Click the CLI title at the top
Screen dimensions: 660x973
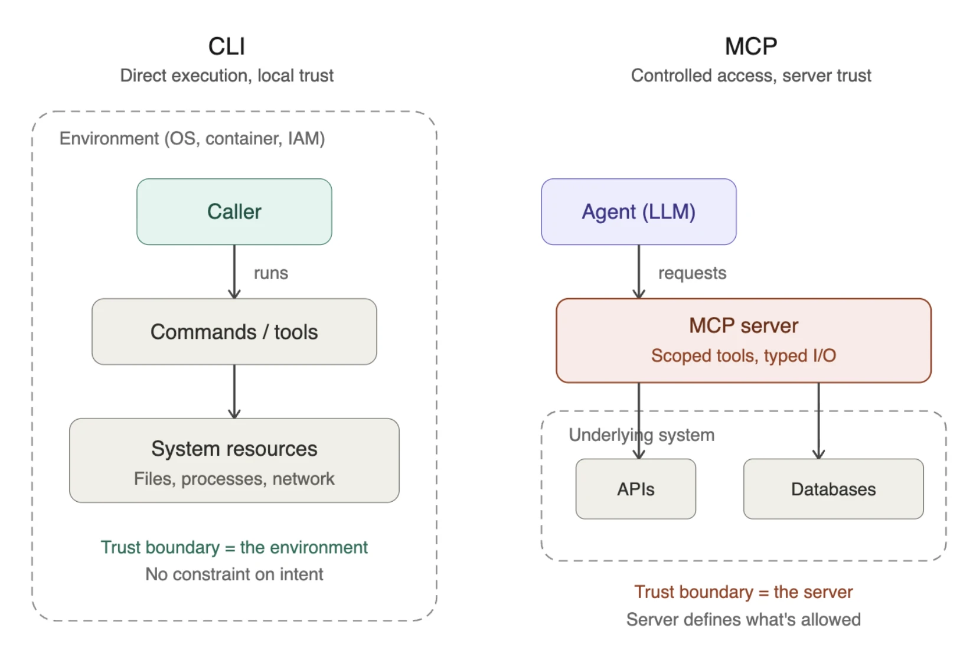(x=227, y=47)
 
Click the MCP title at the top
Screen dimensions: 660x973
(x=750, y=47)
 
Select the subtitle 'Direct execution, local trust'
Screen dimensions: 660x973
(x=227, y=76)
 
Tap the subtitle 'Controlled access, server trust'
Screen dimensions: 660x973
(x=750, y=76)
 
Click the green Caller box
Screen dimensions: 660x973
(x=234, y=212)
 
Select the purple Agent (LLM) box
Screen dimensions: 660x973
(x=638, y=212)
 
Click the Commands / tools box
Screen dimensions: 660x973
(x=234, y=332)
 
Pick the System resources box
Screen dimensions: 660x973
(x=234, y=461)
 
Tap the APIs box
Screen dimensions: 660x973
(x=635, y=489)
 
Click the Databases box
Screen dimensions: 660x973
(x=833, y=489)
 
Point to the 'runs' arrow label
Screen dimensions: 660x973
(x=270, y=273)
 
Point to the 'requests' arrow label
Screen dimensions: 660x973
(x=692, y=273)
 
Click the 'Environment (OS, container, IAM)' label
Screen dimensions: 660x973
(x=192, y=139)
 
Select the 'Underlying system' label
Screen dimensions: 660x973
(x=641, y=435)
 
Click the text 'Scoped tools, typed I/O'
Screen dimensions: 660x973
(x=743, y=355)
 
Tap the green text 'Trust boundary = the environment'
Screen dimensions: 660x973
(x=234, y=547)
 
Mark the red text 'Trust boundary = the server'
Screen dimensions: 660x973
(x=743, y=592)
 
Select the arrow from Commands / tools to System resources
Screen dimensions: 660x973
(x=234, y=391)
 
